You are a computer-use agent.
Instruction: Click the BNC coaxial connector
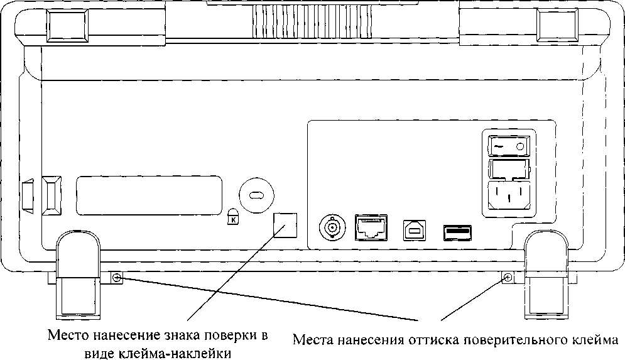[332, 227]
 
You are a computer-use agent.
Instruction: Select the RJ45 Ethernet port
[371, 227]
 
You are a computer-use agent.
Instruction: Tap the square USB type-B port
[414, 230]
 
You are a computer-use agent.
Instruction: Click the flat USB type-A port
[457, 232]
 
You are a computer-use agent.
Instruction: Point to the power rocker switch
[509, 146]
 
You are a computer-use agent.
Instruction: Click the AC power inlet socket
[509, 195]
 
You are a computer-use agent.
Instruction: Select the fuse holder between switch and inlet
[510, 168]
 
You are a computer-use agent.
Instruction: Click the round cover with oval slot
[257, 195]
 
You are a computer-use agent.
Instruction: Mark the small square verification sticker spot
[285, 226]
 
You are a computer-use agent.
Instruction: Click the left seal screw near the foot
[117, 278]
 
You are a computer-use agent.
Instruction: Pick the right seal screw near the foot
[508, 278]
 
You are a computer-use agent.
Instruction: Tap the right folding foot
[546, 275]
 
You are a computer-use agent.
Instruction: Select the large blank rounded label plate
[149, 195]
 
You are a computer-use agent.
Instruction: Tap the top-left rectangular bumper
[67, 25]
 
